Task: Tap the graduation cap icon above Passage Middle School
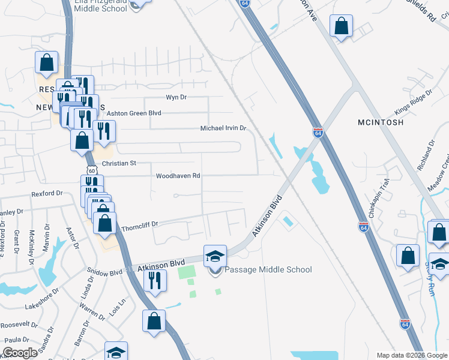[x=215, y=256]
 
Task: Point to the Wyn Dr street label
[x=176, y=97]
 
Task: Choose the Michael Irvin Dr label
[x=223, y=128]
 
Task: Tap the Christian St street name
[x=119, y=163]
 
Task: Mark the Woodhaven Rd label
[x=178, y=176]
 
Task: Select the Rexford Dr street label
[x=47, y=194]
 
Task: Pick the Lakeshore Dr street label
[x=42, y=306]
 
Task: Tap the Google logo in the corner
[x=20, y=353]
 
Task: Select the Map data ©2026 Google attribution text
[x=411, y=355]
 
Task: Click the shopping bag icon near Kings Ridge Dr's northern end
[x=342, y=26]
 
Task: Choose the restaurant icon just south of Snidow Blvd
[x=155, y=280]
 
